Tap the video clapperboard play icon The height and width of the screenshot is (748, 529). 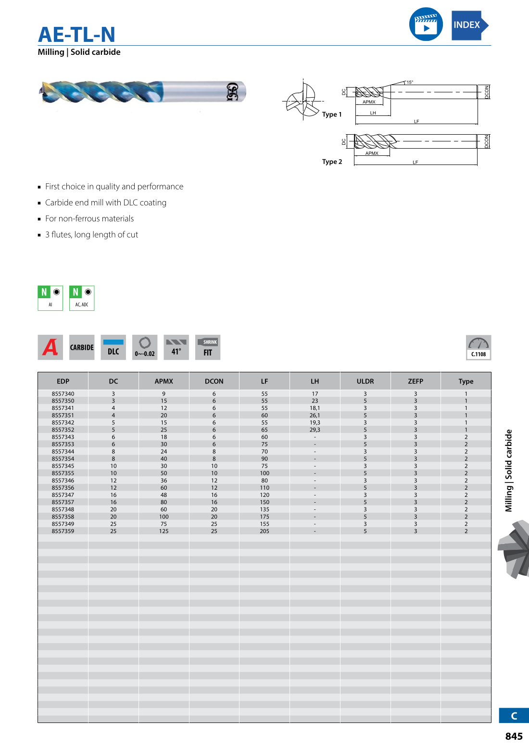[x=426, y=24]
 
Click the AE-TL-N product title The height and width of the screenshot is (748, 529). [x=77, y=35]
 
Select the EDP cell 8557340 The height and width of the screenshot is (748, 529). [x=63, y=393]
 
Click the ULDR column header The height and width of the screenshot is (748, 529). [x=365, y=381]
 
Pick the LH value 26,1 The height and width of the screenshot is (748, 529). [x=315, y=415]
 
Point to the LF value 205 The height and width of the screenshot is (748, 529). [x=264, y=531]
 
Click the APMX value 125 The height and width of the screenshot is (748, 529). [x=164, y=531]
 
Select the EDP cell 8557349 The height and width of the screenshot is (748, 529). [x=63, y=524]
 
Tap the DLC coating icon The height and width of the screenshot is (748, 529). [x=113, y=347]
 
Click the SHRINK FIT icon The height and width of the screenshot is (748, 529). [x=208, y=347]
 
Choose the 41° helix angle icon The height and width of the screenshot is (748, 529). [x=176, y=347]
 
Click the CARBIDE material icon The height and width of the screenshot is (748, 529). [x=82, y=347]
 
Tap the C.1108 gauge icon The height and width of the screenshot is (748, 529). [x=479, y=347]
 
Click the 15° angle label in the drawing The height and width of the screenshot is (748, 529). [x=410, y=82]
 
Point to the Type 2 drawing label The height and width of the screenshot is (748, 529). [x=332, y=162]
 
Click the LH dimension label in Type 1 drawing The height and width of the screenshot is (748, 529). [x=373, y=113]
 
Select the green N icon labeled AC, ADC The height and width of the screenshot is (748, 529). [x=82, y=298]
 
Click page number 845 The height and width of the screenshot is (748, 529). [x=514, y=736]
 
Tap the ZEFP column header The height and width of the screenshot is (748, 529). [x=416, y=381]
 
